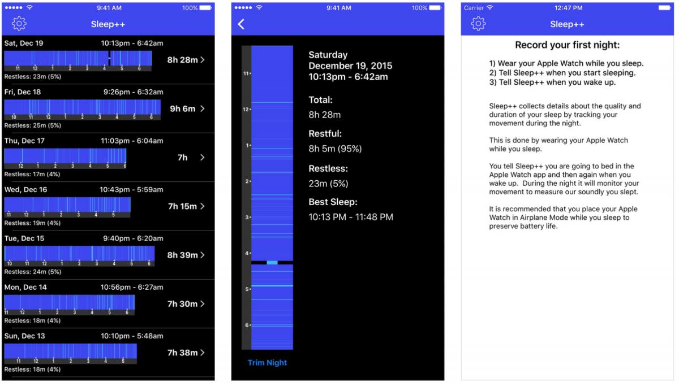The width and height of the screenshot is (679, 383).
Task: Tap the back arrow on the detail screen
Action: [x=241, y=24]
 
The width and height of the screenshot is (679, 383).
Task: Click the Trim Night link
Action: [x=267, y=363]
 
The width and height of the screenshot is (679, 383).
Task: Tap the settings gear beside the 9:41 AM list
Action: [x=19, y=24]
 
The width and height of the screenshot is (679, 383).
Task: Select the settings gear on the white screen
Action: [x=478, y=24]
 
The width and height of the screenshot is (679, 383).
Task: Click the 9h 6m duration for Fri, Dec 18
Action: [x=182, y=108]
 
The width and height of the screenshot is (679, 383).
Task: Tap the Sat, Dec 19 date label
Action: [x=24, y=43]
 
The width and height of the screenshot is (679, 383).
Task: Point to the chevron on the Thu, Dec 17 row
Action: [x=202, y=157]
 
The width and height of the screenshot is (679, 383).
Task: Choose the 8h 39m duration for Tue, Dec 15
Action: [x=182, y=255]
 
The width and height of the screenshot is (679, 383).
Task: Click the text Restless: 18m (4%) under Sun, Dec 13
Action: [x=32, y=369]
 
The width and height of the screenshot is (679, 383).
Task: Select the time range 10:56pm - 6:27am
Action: [x=132, y=287]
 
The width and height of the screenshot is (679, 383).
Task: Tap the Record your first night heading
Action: [x=567, y=45]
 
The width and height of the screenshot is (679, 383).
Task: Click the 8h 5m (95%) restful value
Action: [x=335, y=149]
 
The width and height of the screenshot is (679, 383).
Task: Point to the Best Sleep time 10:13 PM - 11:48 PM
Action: [x=351, y=217]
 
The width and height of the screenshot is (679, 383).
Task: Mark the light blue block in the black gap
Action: [x=272, y=263]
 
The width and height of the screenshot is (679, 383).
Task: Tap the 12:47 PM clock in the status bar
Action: [x=568, y=8]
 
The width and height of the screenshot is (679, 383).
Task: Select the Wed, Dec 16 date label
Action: [x=26, y=190]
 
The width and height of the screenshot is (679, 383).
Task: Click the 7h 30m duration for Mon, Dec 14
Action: [x=182, y=304]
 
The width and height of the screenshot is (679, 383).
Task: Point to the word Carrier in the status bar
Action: [x=474, y=8]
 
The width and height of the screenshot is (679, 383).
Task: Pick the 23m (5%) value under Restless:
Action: [x=328, y=184]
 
